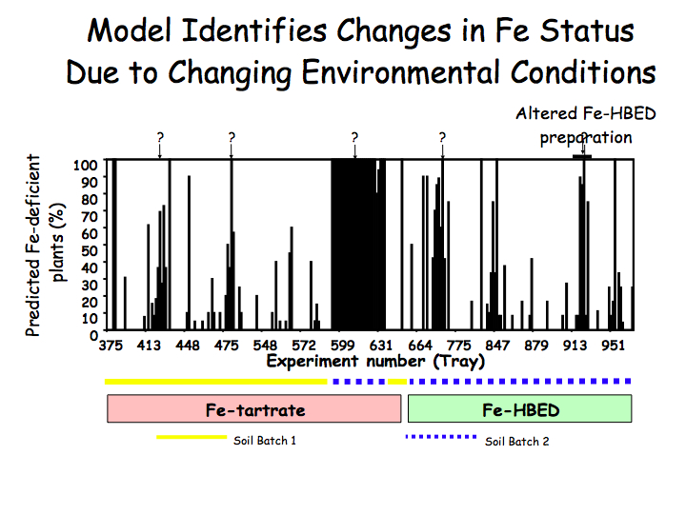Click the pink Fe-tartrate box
click(x=254, y=409)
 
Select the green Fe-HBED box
click(x=519, y=409)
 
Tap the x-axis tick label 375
click(x=111, y=346)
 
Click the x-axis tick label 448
click(x=188, y=346)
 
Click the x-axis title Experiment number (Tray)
click(x=375, y=362)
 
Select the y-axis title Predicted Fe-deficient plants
click(x=45, y=252)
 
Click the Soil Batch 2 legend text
click(x=517, y=441)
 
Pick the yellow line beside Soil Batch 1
click(x=191, y=438)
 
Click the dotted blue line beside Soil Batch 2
click(x=441, y=438)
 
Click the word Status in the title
click(x=586, y=30)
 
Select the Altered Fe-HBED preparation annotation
click(x=574, y=125)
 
